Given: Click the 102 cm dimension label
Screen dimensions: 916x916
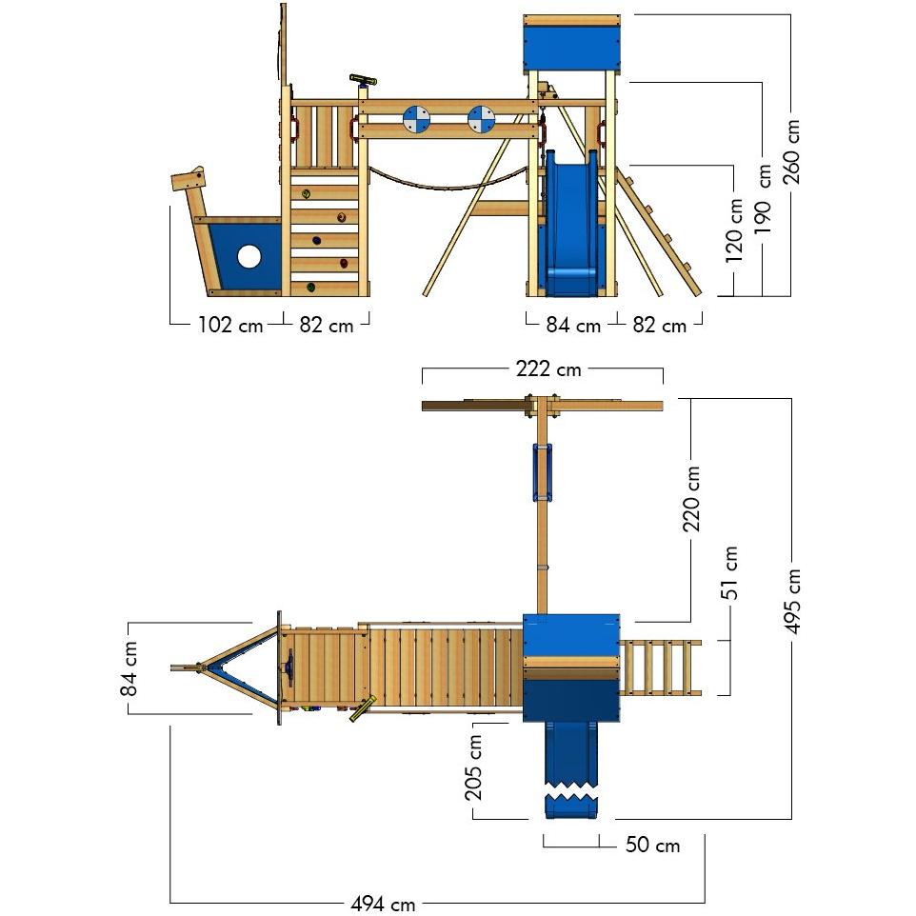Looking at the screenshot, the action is (229, 325).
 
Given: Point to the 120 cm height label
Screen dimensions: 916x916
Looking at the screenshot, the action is (734, 231).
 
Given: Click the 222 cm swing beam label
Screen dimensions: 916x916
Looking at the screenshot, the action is (548, 368).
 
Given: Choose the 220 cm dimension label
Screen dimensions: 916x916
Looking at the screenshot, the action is (692, 498).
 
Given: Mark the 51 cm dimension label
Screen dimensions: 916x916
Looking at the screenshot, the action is (730, 572).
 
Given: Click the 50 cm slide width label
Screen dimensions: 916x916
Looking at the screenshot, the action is (652, 845).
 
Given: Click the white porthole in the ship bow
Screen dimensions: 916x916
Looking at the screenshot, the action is (249, 256).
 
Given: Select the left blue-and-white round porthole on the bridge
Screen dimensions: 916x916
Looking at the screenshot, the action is (416, 119).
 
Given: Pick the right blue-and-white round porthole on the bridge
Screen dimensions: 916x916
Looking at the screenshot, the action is (481, 119).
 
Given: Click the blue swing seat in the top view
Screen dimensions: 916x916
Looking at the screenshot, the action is (541, 471).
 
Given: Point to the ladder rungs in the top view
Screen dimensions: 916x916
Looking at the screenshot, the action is (661, 667).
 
